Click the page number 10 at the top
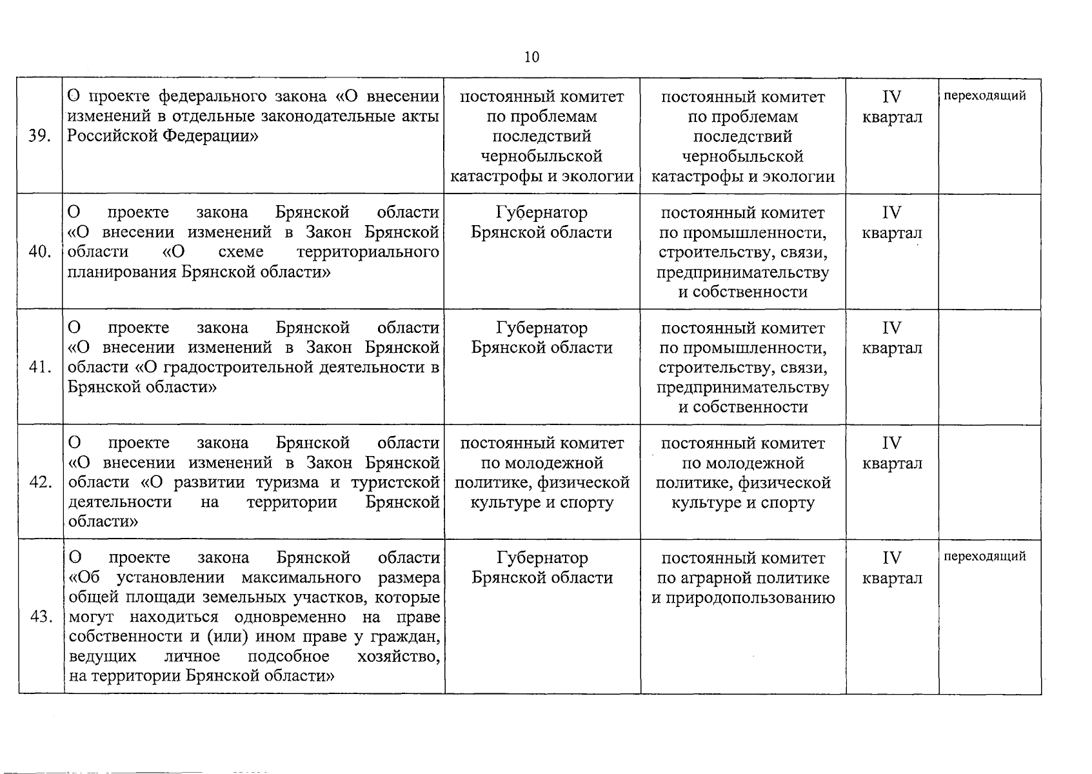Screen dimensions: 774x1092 coord(531,57)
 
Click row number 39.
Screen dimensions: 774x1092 coord(40,137)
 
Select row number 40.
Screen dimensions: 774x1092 coord(40,252)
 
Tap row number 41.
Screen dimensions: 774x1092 coord(40,368)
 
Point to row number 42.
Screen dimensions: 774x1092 coord(40,482)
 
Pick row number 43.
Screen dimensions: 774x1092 coord(40,617)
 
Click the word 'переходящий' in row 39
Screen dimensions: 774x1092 coord(985,96)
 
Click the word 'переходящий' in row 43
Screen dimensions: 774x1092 coord(985,556)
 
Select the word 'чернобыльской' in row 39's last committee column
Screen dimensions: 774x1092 coord(742,157)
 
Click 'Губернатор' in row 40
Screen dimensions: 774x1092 coord(542,212)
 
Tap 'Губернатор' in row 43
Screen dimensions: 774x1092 coord(542,557)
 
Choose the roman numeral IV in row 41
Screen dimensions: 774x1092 coord(891,328)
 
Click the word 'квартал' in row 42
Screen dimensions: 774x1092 coord(892,464)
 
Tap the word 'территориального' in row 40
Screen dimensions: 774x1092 coord(368,252)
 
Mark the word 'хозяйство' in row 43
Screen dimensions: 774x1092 coord(398,657)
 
